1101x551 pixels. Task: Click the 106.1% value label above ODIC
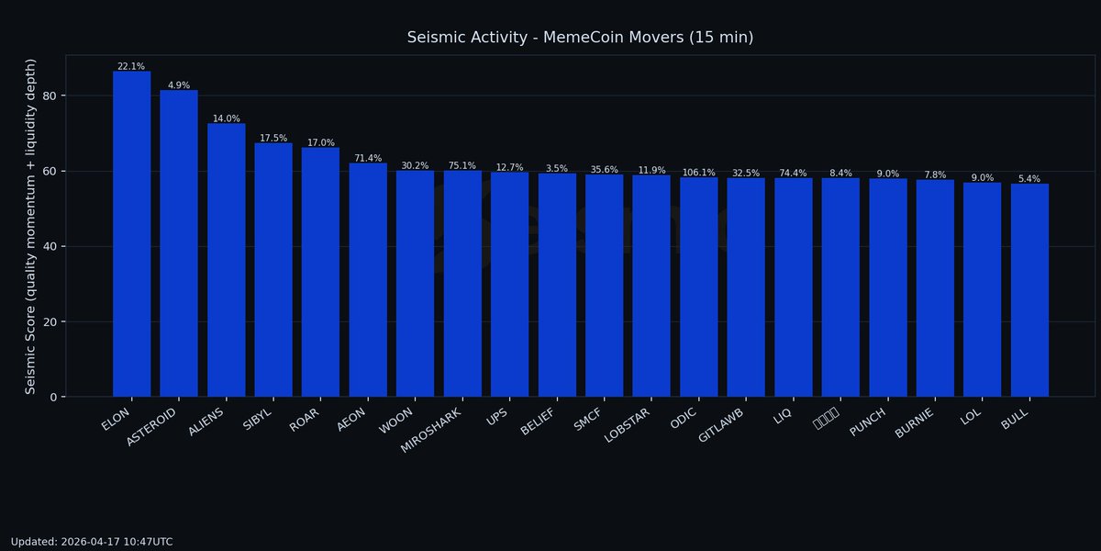pos(698,173)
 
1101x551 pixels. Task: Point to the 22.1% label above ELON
pos(131,66)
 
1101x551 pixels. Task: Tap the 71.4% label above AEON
pos(368,158)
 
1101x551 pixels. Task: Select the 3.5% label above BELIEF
pos(557,169)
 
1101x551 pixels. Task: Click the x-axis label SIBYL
pos(259,419)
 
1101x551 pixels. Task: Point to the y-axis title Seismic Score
pos(30,226)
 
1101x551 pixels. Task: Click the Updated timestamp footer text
pos(92,542)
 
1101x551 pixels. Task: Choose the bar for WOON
pos(415,284)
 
